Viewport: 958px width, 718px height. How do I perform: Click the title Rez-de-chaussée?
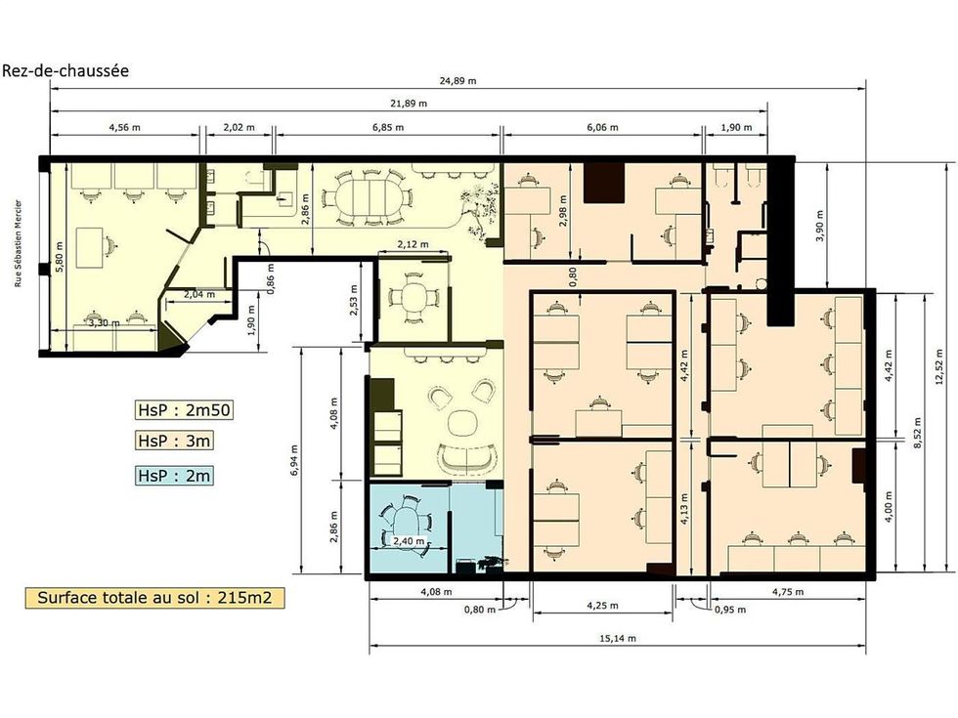(65, 70)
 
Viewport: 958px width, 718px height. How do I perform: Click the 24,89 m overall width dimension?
(457, 80)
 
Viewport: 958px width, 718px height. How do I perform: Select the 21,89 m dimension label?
(409, 104)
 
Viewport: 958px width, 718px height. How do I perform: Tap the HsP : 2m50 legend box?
(184, 409)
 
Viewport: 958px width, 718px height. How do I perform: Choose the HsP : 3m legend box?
(175, 441)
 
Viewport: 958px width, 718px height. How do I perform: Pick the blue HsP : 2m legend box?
(175, 476)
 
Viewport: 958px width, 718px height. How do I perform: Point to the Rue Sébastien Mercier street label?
(19, 243)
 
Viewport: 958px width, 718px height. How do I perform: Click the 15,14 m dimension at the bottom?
(617, 639)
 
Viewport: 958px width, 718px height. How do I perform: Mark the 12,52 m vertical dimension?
(939, 366)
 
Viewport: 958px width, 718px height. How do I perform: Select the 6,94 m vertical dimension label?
(294, 460)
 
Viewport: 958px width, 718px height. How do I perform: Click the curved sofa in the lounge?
(467, 459)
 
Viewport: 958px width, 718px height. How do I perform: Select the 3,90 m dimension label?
(819, 226)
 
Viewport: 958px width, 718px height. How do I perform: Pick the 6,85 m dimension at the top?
(388, 128)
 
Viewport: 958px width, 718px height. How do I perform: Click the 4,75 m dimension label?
(788, 592)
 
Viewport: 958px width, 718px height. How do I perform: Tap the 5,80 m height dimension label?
(60, 257)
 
